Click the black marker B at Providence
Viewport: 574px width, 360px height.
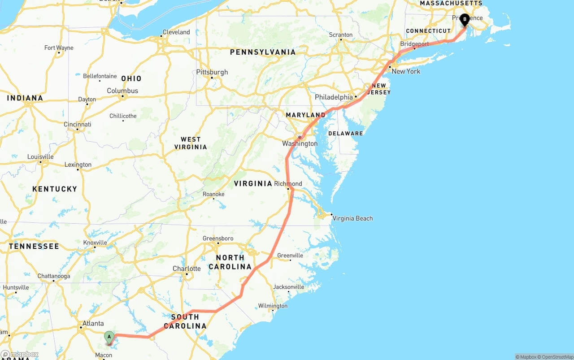pos(465,19)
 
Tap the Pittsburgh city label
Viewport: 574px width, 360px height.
pos(212,72)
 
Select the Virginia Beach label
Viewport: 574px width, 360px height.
pos(352,218)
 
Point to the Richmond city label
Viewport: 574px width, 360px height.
pos(288,184)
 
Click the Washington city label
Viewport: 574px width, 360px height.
pos(300,143)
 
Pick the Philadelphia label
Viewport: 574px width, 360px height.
pos(334,97)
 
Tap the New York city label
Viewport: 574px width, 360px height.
pos(406,71)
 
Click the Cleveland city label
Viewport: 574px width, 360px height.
pos(176,32)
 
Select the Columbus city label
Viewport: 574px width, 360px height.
pos(122,91)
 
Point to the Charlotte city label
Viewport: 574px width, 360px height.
pos(187,269)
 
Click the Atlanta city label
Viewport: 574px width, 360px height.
pos(93,323)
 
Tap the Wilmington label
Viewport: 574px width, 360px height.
pos(273,306)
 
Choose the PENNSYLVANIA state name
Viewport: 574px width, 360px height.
pos(263,52)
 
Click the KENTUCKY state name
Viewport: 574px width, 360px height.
pos(55,189)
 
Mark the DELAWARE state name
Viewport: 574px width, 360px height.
pos(345,134)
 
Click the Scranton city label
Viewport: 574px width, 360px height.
pos(341,35)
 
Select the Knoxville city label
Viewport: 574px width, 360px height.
pos(95,243)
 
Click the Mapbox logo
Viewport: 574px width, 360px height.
pos(19,355)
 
